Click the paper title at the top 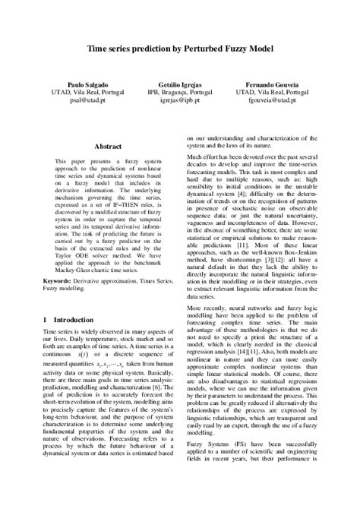tap(180, 47)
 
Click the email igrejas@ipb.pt tap(179, 100)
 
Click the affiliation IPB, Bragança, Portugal tap(179, 91)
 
